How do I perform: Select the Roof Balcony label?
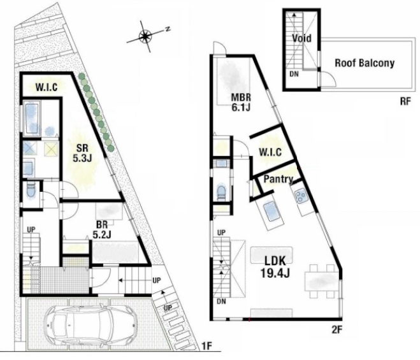365,63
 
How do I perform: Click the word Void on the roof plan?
301,38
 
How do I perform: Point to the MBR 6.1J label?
241,102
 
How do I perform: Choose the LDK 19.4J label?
275,266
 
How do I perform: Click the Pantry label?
279,179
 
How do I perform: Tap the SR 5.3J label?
82,153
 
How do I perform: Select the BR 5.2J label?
102,229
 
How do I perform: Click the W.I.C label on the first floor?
47,87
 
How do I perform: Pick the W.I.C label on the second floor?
270,152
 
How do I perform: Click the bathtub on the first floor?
32,118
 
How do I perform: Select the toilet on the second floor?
221,192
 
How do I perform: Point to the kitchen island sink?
273,212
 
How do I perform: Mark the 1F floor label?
206,347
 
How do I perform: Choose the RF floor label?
405,102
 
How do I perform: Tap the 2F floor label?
337,329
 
